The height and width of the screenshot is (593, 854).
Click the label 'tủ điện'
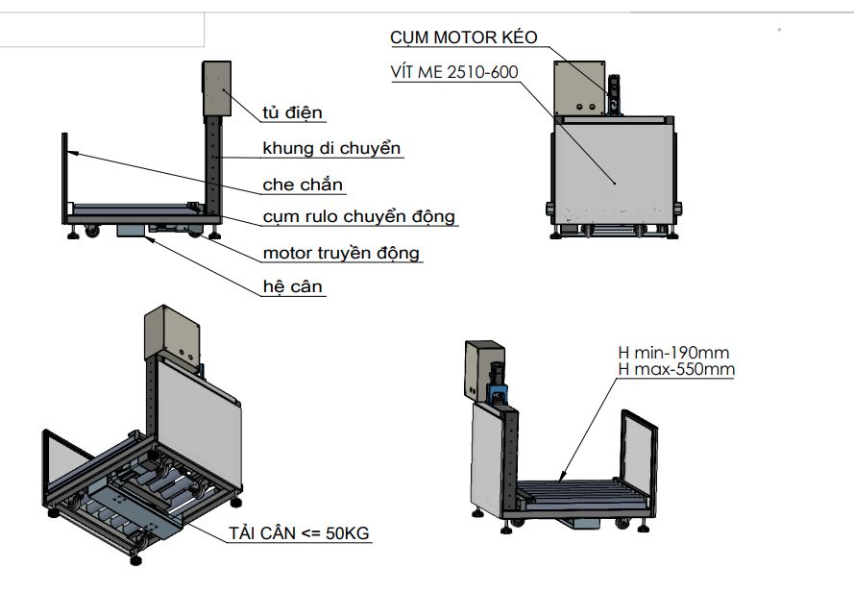pyautogui.click(x=292, y=112)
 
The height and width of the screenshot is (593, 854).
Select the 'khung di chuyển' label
pyautogui.click(x=331, y=148)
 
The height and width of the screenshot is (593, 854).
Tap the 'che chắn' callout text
pyautogui.click(x=303, y=185)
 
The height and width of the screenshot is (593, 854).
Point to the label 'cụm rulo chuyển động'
pyautogui.click(x=358, y=217)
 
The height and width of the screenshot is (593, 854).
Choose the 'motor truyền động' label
pyautogui.click(x=341, y=253)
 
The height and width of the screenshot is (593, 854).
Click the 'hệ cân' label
pyautogui.click(x=292, y=286)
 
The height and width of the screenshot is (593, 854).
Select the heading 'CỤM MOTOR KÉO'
pyautogui.click(x=463, y=37)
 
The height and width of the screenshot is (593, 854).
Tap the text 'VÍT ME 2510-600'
pyautogui.click(x=454, y=72)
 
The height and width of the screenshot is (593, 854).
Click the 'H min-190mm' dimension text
pyautogui.click(x=673, y=353)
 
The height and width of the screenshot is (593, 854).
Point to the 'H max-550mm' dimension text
pyautogui.click(x=676, y=369)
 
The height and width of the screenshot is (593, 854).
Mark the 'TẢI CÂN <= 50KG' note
pyautogui.click(x=299, y=533)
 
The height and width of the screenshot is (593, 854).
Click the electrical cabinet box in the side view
pyautogui.click(x=217, y=88)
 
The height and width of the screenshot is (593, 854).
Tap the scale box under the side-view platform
pyautogui.click(x=132, y=230)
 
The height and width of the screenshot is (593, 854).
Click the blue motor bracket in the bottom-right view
pyautogui.click(x=498, y=392)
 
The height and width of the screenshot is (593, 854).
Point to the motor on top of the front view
pyautogui.click(x=615, y=95)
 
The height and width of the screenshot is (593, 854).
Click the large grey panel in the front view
pyautogui.click(x=614, y=171)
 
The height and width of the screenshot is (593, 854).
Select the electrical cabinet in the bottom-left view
pyautogui.click(x=172, y=334)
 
